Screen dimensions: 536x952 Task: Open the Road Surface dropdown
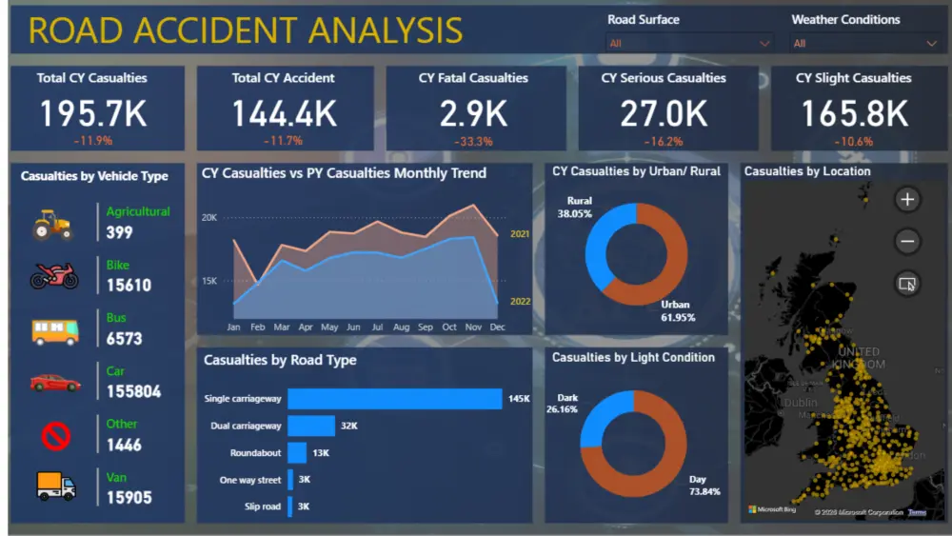pos(689,43)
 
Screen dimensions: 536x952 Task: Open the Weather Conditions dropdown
pos(864,43)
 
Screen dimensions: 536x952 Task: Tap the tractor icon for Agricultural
pos(53,225)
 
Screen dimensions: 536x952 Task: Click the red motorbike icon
pos(54,277)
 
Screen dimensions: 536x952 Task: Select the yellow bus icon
pos(55,331)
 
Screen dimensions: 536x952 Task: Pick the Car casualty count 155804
pos(133,391)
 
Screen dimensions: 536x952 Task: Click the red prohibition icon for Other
pos(56,437)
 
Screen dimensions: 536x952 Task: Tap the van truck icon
pos(55,486)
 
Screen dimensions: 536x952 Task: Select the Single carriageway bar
pos(394,399)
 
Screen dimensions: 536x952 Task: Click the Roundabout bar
pos(297,453)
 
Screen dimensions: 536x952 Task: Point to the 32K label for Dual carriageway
pos(348,426)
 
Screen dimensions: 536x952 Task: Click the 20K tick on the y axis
pos(208,218)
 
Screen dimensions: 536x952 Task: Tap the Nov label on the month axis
pos(474,328)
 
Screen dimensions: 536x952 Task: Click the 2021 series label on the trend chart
pos(520,234)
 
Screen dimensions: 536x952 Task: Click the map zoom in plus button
pos(907,200)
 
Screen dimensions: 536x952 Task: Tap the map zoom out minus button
pos(907,242)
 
